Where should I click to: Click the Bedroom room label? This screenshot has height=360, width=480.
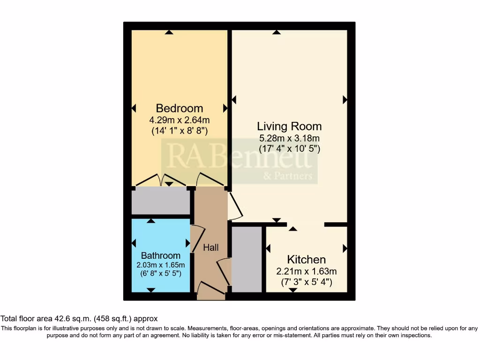pos(179,108)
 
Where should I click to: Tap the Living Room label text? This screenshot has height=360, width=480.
pos(289,126)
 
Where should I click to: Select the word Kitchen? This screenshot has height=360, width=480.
pos(306,260)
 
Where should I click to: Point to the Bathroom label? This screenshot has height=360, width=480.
pos(161,255)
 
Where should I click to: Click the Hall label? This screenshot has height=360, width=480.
pos(210,247)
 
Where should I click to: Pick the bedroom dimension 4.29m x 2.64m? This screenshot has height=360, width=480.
pos(179,120)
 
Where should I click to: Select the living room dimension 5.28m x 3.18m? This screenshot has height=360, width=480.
pos(289,138)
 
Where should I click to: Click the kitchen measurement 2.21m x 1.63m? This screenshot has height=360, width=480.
pos(306,271)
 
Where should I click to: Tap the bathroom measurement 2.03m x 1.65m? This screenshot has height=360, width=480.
pos(161,264)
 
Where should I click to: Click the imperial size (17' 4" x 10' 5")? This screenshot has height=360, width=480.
pos(289,149)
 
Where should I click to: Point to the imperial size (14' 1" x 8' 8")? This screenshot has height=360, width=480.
pos(179,131)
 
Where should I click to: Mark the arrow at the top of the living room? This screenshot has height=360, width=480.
pos(277,32)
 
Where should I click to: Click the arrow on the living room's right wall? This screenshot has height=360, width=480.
pos(345,99)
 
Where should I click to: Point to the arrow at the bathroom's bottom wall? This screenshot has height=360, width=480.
pos(150,290)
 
